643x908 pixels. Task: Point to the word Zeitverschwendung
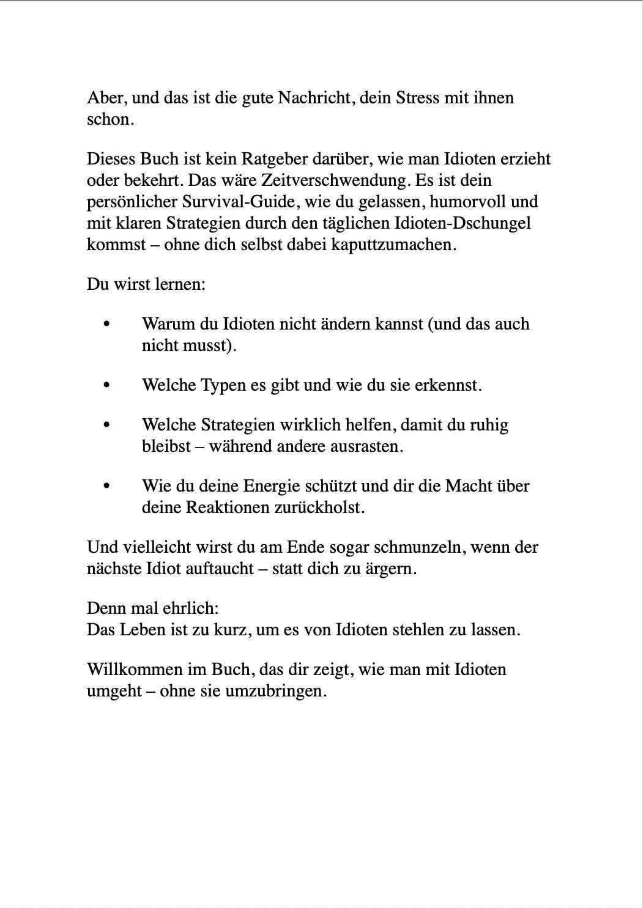click(335, 180)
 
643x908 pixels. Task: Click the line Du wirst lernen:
click(146, 284)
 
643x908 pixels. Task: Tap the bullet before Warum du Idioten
click(107, 324)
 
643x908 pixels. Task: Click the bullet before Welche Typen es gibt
click(107, 385)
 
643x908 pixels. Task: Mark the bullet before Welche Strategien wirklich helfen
click(107, 425)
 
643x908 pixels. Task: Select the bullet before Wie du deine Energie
click(107, 486)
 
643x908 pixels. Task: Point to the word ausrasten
click(368, 446)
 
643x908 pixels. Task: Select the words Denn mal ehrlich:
click(152, 608)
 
